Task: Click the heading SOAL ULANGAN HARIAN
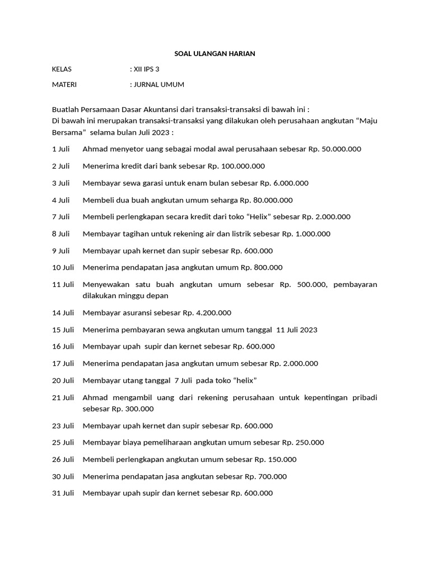[x=214, y=54]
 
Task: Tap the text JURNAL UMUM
[x=158, y=85]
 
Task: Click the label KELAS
[x=62, y=70]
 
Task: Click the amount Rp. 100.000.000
[x=236, y=166]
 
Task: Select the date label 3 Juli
[x=60, y=183]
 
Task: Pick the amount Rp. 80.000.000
[x=266, y=200]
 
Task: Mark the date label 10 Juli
[x=63, y=267]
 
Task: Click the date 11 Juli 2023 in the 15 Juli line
[x=297, y=330]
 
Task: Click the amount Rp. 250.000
[x=302, y=442]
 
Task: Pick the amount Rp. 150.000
[x=275, y=460]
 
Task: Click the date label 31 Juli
[x=63, y=493]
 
